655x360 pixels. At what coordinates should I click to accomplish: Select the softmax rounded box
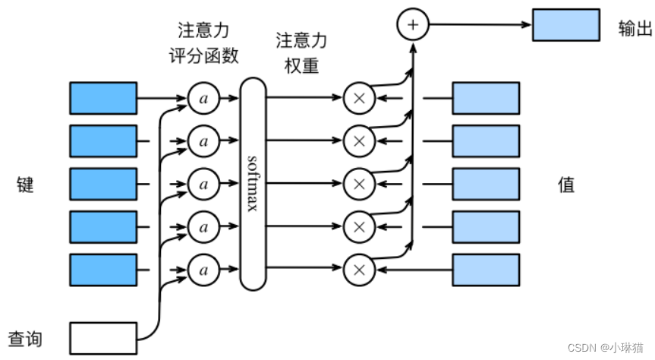(x=253, y=185)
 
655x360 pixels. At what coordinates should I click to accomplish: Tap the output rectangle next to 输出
(x=565, y=25)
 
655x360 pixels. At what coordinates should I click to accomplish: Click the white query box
(x=103, y=337)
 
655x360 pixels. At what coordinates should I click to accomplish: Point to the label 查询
(x=25, y=337)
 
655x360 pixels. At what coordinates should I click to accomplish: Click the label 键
(x=25, y=185)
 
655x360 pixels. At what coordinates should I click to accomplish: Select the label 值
(x=566, y=185)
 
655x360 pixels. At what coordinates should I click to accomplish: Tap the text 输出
(x=635, y=29)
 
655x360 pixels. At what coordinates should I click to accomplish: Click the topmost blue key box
(x=103, y=98)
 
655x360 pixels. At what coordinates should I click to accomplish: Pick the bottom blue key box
(x=103, y=270)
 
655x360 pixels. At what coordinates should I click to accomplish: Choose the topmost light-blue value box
(x=486, y=98)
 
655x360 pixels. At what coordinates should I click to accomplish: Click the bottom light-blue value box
(x=486, y=270)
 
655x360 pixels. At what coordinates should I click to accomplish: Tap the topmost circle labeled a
(x=203, y=98)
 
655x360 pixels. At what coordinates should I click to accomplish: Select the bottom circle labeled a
(x=203, y=270)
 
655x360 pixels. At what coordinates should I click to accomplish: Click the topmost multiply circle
(x=360, y=98)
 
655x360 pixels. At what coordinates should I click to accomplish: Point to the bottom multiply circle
(x=360, y=270)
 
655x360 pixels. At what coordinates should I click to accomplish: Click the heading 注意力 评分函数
(x=203, y=43)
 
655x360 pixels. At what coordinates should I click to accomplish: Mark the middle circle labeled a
(x=203, y=184)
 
